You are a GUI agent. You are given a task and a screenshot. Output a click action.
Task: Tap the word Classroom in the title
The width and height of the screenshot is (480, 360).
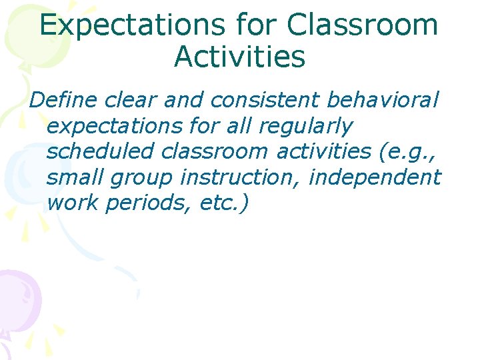point(363,25)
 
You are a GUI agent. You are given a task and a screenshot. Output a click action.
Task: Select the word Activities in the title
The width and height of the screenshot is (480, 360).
point(239,57)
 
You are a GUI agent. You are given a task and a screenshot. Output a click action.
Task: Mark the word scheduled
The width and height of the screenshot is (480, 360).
point(101,151)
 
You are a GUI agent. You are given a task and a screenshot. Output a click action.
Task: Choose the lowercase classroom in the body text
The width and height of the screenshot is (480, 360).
point(214,151)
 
